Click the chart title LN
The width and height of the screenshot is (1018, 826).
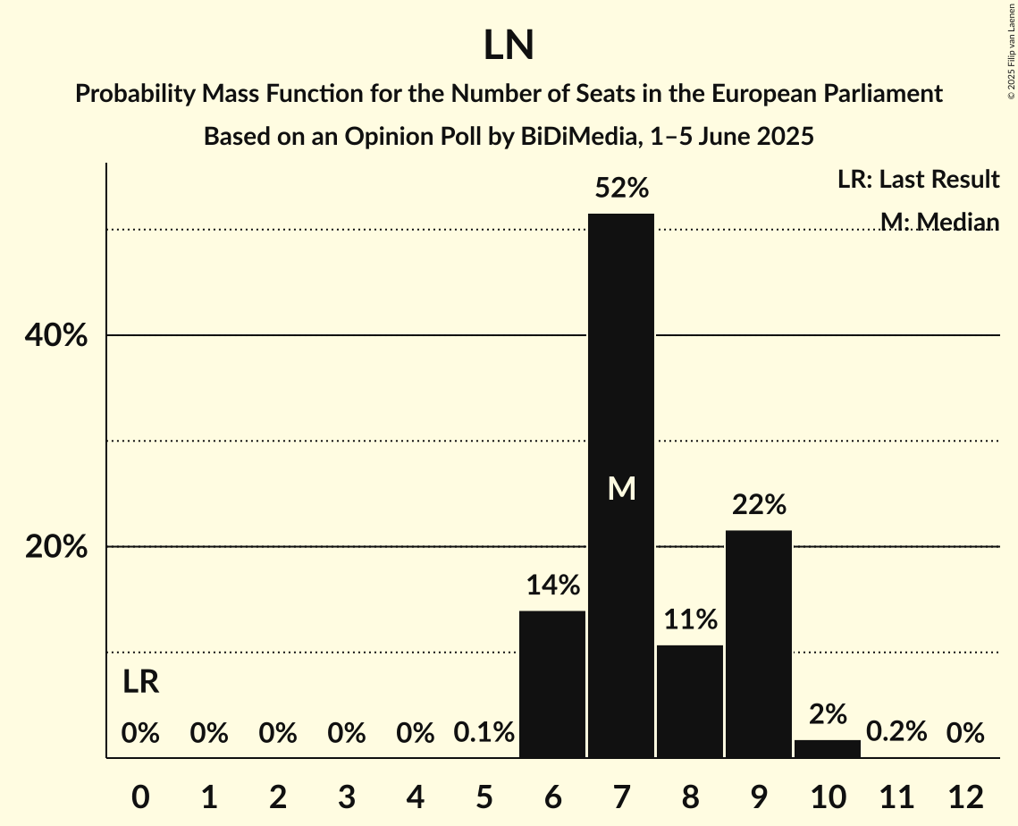[x=509, y=46]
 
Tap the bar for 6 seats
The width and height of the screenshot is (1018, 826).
[x=552, y=684]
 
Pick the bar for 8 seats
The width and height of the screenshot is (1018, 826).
[x=689, y=702]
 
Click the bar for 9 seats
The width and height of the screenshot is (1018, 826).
[x=758, y=644]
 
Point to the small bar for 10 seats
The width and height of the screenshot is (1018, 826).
[x=827, y=749]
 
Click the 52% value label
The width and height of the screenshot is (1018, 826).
[x=621, y=189]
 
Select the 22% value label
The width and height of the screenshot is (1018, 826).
[x=758, y=505]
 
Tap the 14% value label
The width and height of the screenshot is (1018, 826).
[x=552, y=586]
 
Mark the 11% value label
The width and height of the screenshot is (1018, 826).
[x=689, y=619]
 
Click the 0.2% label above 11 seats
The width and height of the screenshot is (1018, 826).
[x=896, y=733]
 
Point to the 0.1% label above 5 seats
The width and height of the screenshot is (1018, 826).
[x=484, y=733]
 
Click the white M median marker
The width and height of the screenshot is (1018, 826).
[x=621, y=488]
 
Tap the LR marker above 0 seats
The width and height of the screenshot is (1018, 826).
[x=140, y=682]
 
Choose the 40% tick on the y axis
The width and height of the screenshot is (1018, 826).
[x=55, y=336]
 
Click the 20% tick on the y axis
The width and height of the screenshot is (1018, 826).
[x=55, y=547]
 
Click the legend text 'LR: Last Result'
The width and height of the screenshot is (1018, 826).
[x=918, y=180]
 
